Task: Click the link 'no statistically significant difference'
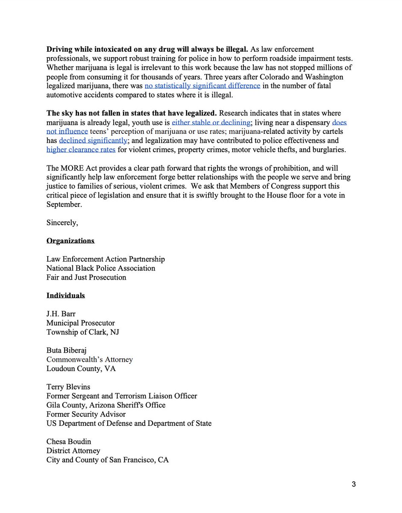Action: (202, 86)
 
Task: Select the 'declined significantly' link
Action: (93, 140)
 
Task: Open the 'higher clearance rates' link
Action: (81, 149)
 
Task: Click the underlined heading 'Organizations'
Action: (70, 241)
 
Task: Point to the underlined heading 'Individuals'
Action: (65, 295)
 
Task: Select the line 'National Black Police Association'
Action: (101, 268)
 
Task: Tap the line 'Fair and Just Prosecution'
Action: (86, 277)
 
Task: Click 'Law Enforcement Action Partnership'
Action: (106, 259)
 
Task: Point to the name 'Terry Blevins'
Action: (68, 387)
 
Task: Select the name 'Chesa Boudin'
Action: (69, 442)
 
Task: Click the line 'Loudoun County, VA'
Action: (81, 369)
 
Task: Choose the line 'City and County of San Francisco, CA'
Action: (108, 460)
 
